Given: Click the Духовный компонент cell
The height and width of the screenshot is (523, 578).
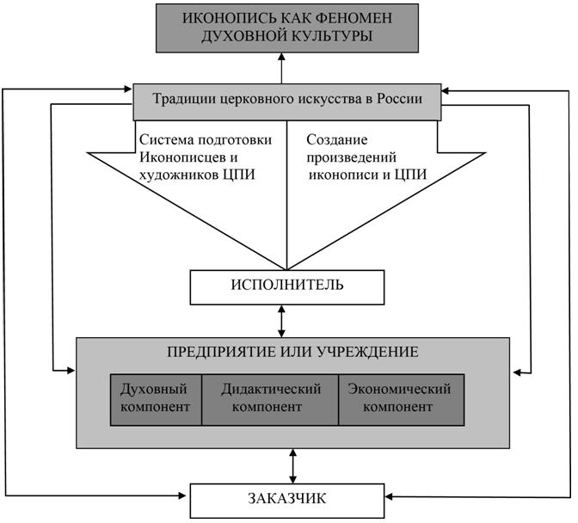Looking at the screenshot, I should (x=156, y=398).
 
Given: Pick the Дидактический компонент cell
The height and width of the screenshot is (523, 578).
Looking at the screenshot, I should (x=271, y=398).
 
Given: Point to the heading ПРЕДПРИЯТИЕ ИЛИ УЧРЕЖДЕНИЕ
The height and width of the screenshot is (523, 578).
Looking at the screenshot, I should (x=293, y=352).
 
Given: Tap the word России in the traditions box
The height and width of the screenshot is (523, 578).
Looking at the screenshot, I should (x=402, y=99).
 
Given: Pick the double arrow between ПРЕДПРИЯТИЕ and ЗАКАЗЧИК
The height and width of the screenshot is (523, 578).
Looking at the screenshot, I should (x=293, y=465).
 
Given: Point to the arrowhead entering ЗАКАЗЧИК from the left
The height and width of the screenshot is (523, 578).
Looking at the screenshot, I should (x=184, y=497).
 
